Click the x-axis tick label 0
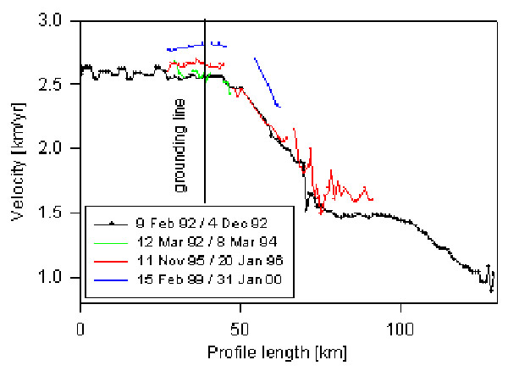80,327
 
